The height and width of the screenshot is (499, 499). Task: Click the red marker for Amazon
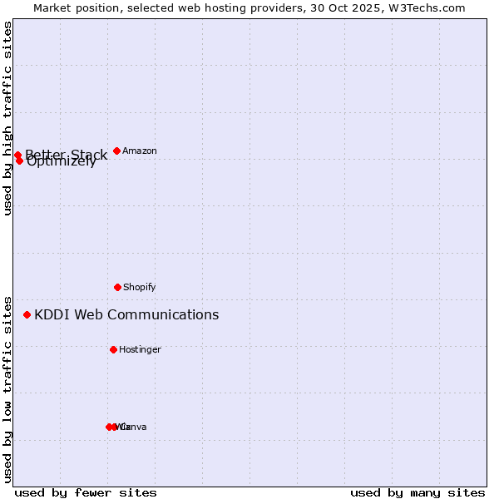click(116, 151)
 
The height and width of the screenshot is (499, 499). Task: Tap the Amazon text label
click(140, 151)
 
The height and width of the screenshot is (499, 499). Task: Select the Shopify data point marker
click(117, 287)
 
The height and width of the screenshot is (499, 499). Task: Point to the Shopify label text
click(140, 287)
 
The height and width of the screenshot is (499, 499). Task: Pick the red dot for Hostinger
click(113, 349)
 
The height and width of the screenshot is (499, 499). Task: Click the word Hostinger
click(140, 349)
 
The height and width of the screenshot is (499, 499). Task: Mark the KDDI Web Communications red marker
click(27, 314)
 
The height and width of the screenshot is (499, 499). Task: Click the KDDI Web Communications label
click(126, 314)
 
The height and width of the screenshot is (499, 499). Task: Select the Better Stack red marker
click(17, 155)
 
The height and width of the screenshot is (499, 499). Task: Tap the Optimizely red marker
click(19, 161)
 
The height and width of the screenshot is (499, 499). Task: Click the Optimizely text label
click(62, 162)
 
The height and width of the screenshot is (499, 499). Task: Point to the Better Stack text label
click(67, 154)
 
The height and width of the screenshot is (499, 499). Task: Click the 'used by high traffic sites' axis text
click(7, 118)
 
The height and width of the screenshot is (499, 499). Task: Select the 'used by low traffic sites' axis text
click(7, 388)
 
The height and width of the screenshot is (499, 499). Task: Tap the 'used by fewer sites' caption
click(86, 492)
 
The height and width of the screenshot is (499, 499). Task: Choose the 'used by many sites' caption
click(417, 492)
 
